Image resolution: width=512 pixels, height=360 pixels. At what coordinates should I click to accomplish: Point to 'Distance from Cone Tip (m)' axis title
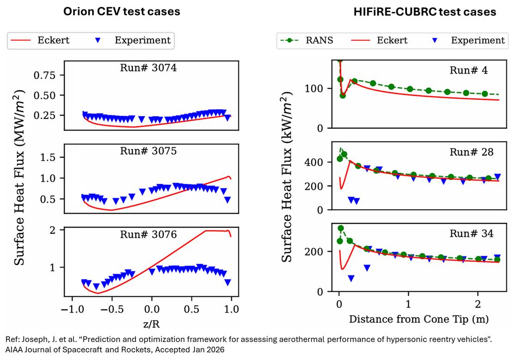(x=419, y=319)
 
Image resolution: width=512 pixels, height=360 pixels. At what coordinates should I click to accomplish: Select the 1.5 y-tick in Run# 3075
(x=50, y=158)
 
